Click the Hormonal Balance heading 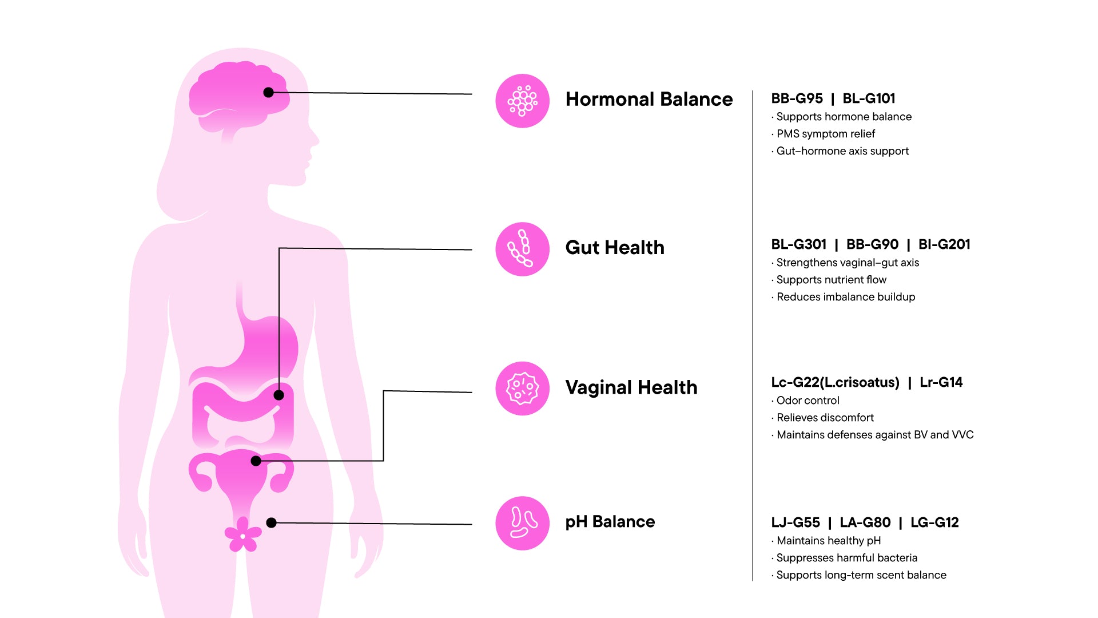coord(649,100)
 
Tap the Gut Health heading coord(615,248)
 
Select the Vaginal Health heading coord(631,387)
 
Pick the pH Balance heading coord(610,522)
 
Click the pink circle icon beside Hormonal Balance coord(522,101)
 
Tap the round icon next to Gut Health coord(522,249)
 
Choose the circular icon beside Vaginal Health coord(522,389)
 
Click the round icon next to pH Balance coord(522,523)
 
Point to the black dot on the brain coord(268,92)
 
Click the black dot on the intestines coord(279,395)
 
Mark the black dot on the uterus coord(256,461)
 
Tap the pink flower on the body coord(243,535)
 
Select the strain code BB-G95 coord(797,98)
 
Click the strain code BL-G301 coord(798,244)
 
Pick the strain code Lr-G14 coord(941,382)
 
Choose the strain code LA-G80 coord(865,522)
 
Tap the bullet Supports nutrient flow coord(829,280)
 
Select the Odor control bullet coord(805,401)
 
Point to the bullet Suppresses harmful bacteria coord(844,558)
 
